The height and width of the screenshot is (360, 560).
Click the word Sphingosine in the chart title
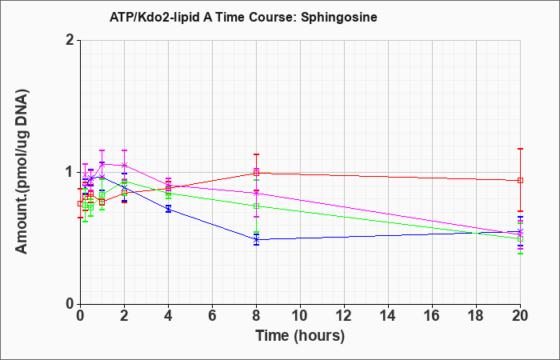[x=339, y=17]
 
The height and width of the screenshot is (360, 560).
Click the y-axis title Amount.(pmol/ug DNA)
[x=22, y=172]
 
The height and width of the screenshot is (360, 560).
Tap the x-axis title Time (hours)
[x=300, y=336]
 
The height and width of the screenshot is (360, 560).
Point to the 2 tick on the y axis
[x=70, y=40]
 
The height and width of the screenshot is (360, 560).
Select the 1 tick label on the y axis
[x=70, y=173]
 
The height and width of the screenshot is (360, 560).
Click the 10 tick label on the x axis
[x=300, y=316]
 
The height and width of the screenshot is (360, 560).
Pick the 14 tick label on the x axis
[x=388, y=316]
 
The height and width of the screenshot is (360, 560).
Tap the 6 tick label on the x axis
[x=213, y=316]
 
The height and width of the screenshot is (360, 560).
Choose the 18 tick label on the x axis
[x=476, y=316]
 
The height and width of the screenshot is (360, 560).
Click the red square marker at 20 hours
[x=520, y=180]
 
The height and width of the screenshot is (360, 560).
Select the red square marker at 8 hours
[x=257, y=174]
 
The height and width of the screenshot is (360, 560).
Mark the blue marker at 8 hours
[x=257, y=240]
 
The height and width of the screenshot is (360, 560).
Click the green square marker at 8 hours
[x=257, y=206]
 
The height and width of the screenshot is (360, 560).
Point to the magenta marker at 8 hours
[x=257, y=194]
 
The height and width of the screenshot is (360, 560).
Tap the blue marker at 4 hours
[x=168, y=209]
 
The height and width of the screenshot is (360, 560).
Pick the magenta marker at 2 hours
[x=124, y=165]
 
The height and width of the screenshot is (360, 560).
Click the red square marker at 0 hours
[x=80, y=203]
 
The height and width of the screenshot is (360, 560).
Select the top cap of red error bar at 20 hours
[x=520, y=149]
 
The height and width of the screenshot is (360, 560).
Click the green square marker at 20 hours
[x=520, y=238]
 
